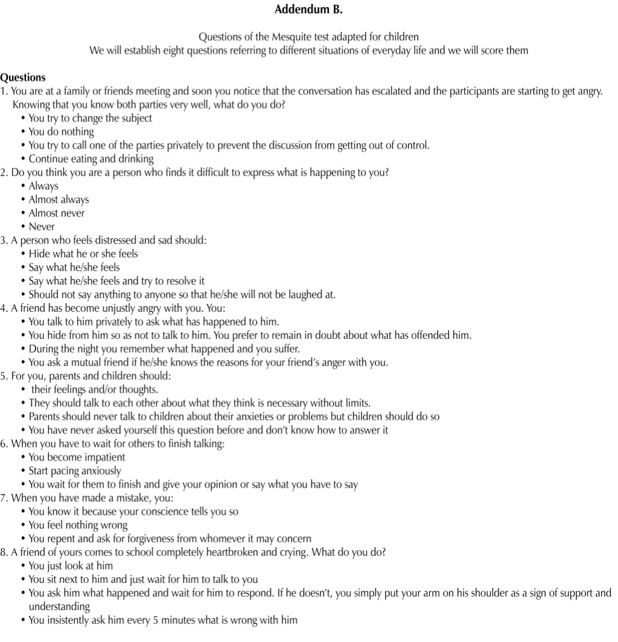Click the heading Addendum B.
coord(308,10)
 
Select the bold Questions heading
coord(23,77)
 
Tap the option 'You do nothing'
coord(62,132)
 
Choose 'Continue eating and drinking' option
coord(91,159)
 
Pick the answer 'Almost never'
coord(57,213)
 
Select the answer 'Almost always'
coord(59,199)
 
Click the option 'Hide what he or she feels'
coord(83,254)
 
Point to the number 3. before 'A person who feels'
coord(4,240)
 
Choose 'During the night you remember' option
coord(164,349)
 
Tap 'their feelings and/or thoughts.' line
coord(95,390)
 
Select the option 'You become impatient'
coord(77,457)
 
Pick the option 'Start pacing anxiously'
coord(75,470)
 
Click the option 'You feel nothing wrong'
coord(78,525)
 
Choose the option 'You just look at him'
coord(71,566)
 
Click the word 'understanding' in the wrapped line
coord(59,606)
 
